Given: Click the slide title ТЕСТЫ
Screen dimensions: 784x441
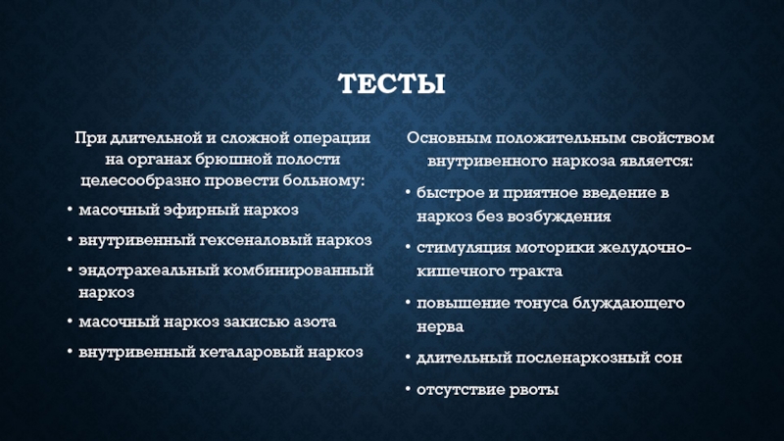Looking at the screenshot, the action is [391, 83].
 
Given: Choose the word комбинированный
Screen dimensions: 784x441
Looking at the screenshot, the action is [299, 270].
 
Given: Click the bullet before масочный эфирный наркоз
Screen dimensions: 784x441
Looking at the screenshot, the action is [70, 210].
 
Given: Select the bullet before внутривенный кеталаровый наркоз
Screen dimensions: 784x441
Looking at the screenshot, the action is [70, 352].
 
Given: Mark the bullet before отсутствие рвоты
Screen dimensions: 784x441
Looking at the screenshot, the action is [408, 388].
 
